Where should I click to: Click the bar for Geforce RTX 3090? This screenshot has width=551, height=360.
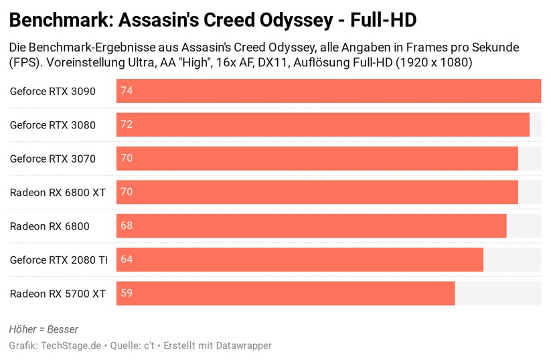click(328, 91)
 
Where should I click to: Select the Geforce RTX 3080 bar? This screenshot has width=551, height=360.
click(323, 124)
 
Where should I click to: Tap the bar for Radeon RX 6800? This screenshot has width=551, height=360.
click(311, 226)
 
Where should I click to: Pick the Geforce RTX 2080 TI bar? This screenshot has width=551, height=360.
click(300, 260)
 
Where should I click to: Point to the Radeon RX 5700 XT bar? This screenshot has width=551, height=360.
click(286, 293)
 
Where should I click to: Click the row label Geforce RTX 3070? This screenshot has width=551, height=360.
click(52, 159)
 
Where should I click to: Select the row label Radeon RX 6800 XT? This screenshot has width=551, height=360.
click(58, 192)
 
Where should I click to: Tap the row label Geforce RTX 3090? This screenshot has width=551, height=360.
click(52, 91)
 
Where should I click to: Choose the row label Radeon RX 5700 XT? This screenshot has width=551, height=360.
click(58, 293)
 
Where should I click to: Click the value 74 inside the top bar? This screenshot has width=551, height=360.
click(127, 91)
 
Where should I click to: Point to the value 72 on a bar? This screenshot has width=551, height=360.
click(127, 124)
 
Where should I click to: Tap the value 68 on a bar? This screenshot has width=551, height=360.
click(127, 226)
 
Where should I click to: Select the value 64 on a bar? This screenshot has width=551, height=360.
click(127, 260)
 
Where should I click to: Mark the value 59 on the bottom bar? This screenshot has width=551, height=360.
click(127, 293)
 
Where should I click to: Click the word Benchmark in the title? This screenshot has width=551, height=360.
click(59, 21)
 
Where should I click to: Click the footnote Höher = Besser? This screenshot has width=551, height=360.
click(44, 329)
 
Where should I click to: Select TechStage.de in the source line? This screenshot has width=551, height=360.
click(71, 345)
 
